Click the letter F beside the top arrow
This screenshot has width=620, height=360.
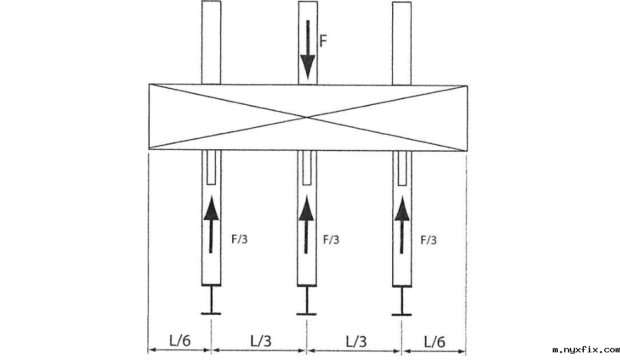tap(323, 42)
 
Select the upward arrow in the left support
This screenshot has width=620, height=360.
tap(211, 225)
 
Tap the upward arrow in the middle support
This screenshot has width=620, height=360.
tap(307, 225)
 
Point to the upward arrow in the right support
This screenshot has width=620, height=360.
tap(402, 225)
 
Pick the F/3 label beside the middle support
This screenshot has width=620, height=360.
tap(331, 241)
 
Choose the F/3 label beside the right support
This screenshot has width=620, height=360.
tap(429, 241)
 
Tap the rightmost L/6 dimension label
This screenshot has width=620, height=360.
tap(434, 341)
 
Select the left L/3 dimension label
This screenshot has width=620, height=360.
tap(260, 340)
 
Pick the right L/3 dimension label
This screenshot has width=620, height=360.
tap(356, 340)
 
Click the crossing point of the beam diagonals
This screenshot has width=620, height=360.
tap(307, 117)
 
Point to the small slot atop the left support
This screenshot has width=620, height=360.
tap(211, 166)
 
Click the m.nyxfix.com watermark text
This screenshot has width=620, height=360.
tap(586, 350)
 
